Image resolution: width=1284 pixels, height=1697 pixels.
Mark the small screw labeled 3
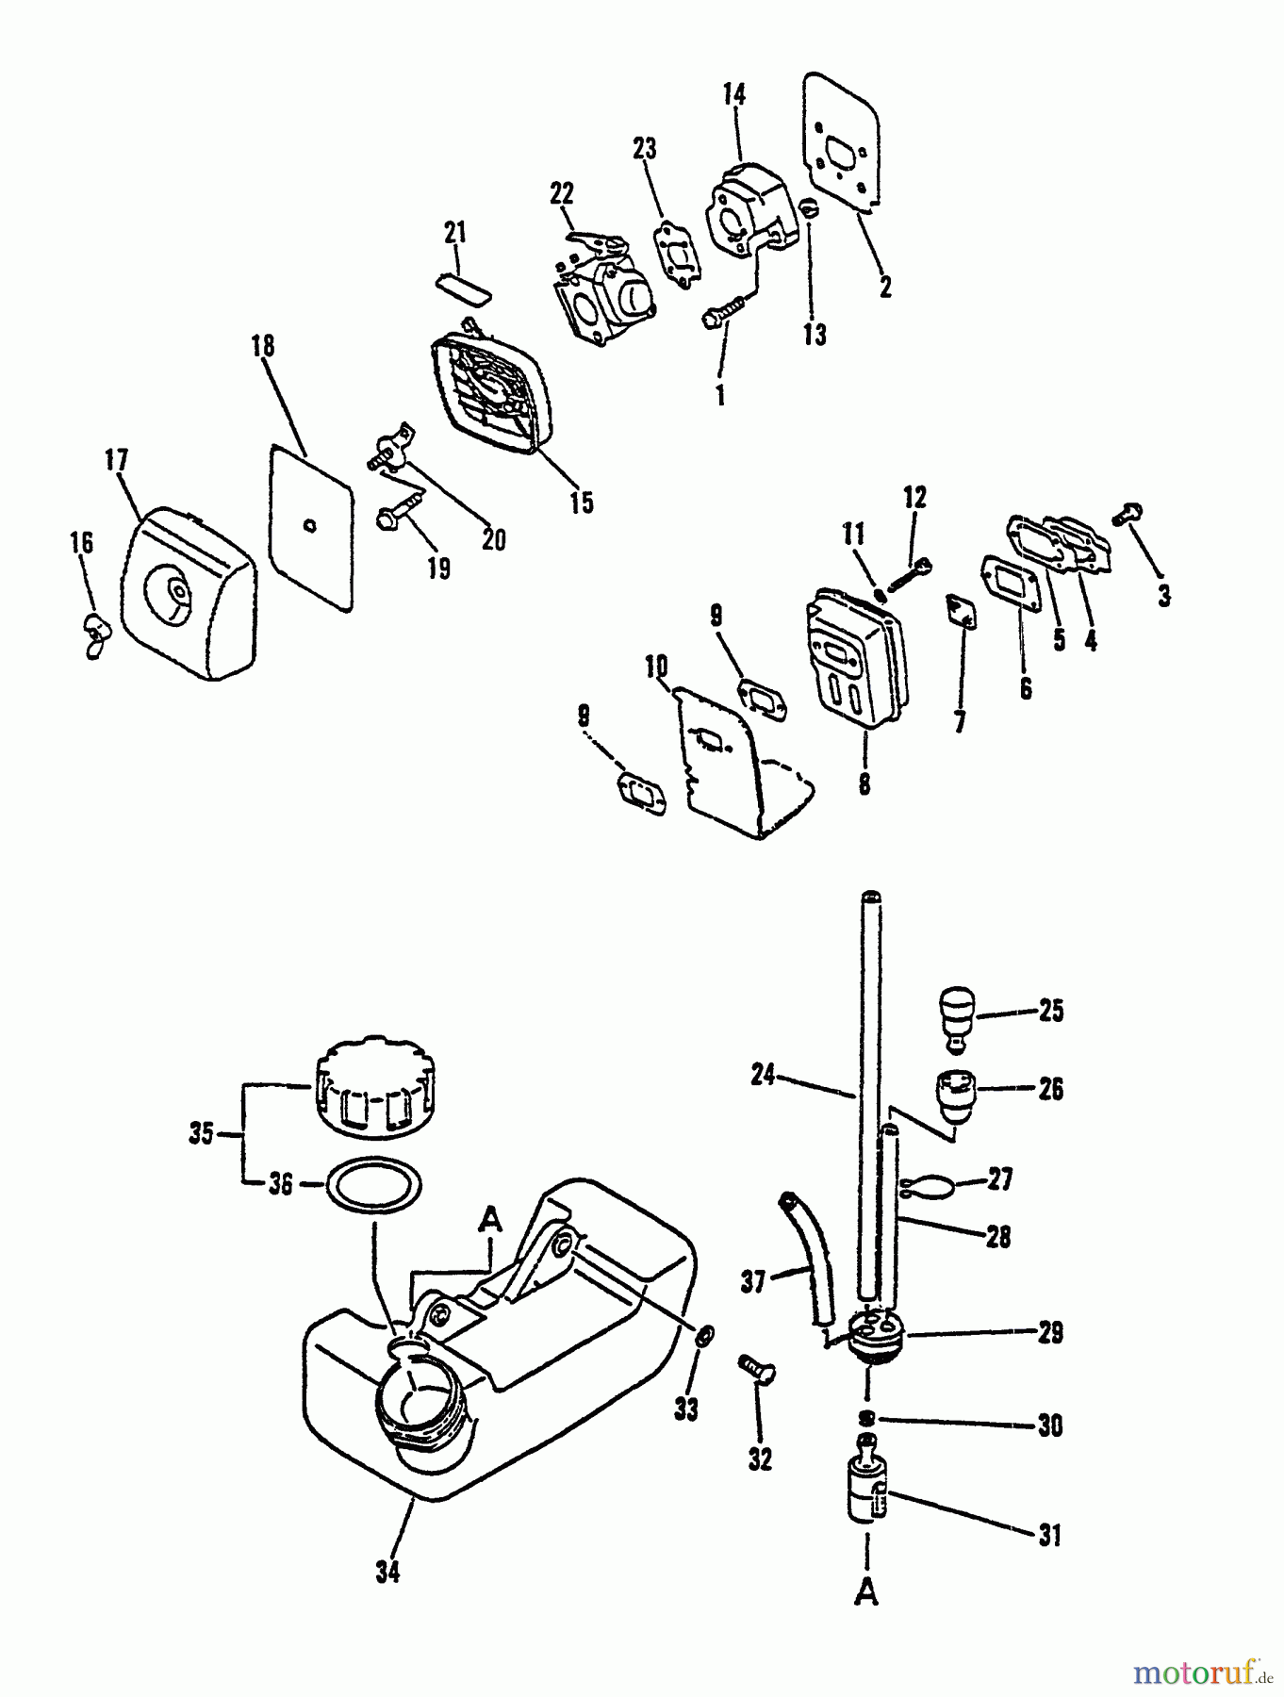[1128, 513]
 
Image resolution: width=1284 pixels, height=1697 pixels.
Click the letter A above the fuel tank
[490, 1222]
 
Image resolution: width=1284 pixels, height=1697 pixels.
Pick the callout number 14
[734, 94]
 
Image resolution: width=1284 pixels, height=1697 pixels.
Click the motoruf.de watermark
[1197, 1673]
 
